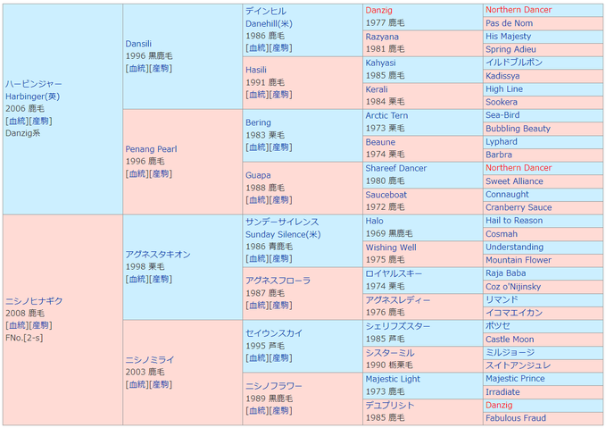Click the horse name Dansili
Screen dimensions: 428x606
pos(138,43)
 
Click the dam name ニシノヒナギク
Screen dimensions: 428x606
pos(35,300)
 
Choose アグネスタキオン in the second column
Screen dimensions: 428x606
pos(158,254)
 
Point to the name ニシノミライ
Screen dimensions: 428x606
pos(150,359)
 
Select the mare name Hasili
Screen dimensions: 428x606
pos(256,70)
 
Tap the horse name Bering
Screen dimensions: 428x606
pos(258,122)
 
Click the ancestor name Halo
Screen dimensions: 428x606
pos(374,221)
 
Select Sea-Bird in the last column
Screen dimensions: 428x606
pos(502,115)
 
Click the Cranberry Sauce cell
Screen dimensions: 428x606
pos(519,207)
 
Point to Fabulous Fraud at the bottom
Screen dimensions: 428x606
pos(515,418)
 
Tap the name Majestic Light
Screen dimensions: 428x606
pos(393,379)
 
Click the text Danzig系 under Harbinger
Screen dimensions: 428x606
pos(24,133)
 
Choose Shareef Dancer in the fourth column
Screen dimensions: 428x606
pos(396,168)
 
